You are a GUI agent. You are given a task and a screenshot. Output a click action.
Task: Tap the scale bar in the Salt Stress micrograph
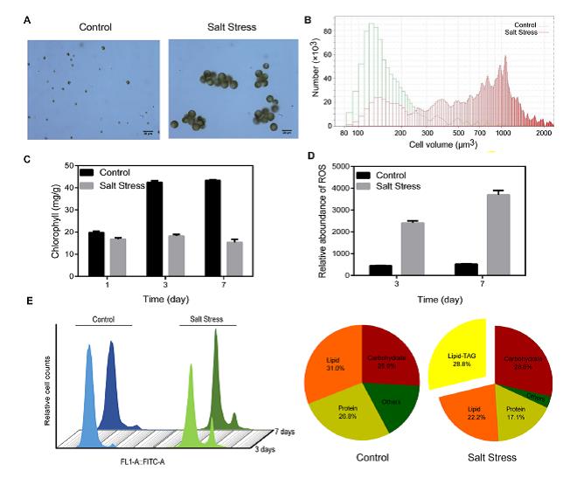(287, 131)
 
